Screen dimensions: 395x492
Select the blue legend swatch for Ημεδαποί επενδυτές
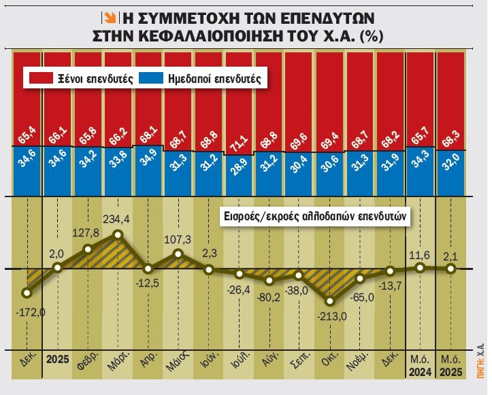coord(149,79)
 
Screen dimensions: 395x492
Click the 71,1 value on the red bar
coord(239,126)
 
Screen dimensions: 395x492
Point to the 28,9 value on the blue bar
coord(239,166)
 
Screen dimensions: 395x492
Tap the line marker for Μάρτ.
coord(118,235)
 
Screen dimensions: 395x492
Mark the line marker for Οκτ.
coord(330,301)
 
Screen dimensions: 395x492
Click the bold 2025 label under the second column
coord(59,358)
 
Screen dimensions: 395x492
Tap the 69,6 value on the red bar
coord(299,126)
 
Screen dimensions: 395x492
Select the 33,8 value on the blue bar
coord(118,166)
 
